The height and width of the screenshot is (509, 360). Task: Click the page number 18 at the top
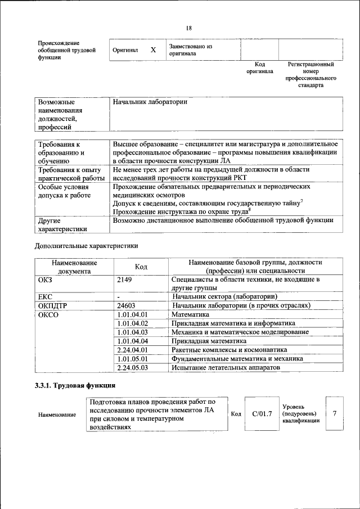188,29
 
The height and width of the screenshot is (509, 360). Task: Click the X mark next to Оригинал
153,50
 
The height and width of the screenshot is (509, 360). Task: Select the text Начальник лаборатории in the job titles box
150,102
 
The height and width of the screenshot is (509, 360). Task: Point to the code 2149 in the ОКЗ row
125,279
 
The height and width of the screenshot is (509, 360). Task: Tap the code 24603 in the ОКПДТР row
127,305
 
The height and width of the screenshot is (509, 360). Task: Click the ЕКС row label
45,296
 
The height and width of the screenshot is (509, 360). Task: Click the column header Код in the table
141,266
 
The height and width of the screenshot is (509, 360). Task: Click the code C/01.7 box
262,414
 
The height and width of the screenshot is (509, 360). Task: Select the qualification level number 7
335,414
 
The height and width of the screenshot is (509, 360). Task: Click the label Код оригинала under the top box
259,68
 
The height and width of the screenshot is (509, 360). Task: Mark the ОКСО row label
48,314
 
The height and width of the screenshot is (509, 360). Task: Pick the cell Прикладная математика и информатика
233,323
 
